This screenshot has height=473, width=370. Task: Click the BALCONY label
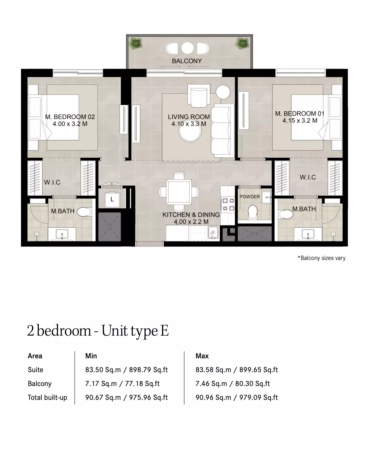click(187, 61)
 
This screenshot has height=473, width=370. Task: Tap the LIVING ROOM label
click(189, 117)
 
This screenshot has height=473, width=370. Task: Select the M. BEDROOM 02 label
click(70, 117)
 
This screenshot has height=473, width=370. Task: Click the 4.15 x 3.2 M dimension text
click(300, 121)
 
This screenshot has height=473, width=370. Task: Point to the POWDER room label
click(250, 197)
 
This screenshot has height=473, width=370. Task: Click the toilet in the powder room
click(253, 212)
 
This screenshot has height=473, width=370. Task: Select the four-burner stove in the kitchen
click(228, 205)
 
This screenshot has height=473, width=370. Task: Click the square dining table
click(179, 192)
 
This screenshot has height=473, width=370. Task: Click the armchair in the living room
click(199, 96)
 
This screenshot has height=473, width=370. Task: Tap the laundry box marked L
click(112, 199)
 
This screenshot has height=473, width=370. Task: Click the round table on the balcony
click(187, 48)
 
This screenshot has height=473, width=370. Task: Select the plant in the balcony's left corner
click(136, 43)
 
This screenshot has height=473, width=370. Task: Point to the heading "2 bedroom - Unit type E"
click(98, 331)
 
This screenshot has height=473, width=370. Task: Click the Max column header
click(202, 356)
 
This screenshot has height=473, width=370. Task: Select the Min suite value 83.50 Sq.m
click(103, 370)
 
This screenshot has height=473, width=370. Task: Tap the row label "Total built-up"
click(47, 398)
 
